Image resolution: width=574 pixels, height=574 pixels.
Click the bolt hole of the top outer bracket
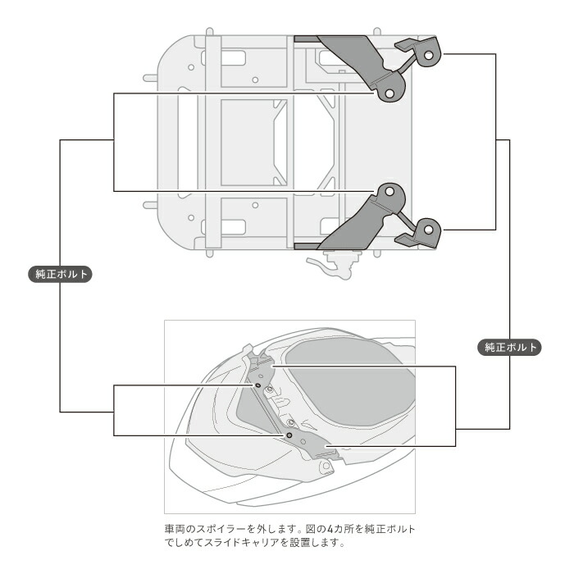pyautogui.click(x=427, y=55)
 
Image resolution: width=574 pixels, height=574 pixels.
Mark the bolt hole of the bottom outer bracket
pyautogui.click(x=427, y=229)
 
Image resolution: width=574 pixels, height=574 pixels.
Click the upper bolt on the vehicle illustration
pyautogui.click(x=257, y=384)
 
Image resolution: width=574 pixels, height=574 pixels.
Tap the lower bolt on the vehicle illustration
pyautogui.click(x=289, y=435)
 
